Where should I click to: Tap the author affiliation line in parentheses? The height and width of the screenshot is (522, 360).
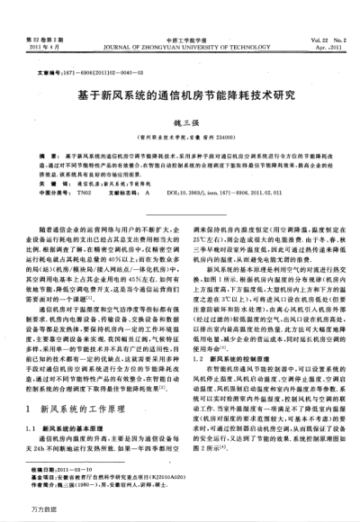click(181, 138)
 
